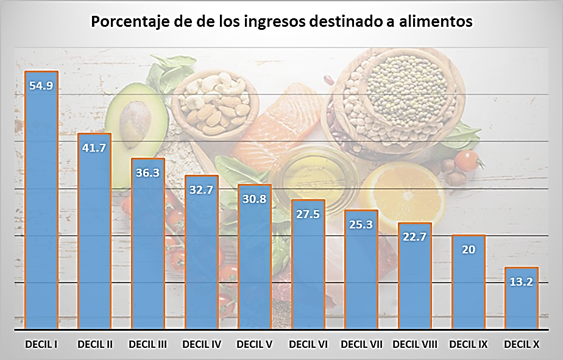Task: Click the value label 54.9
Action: coord(41,85)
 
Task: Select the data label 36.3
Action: coord(148,172)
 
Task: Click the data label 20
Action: coord(469,249)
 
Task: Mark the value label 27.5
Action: coord(308,214)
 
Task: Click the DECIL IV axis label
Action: coord(202,345)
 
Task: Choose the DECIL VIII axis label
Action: coord(415,345)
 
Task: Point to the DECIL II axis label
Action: coord(95,345)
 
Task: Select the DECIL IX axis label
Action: coord(469,345)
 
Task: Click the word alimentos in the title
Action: coord(433,22)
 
